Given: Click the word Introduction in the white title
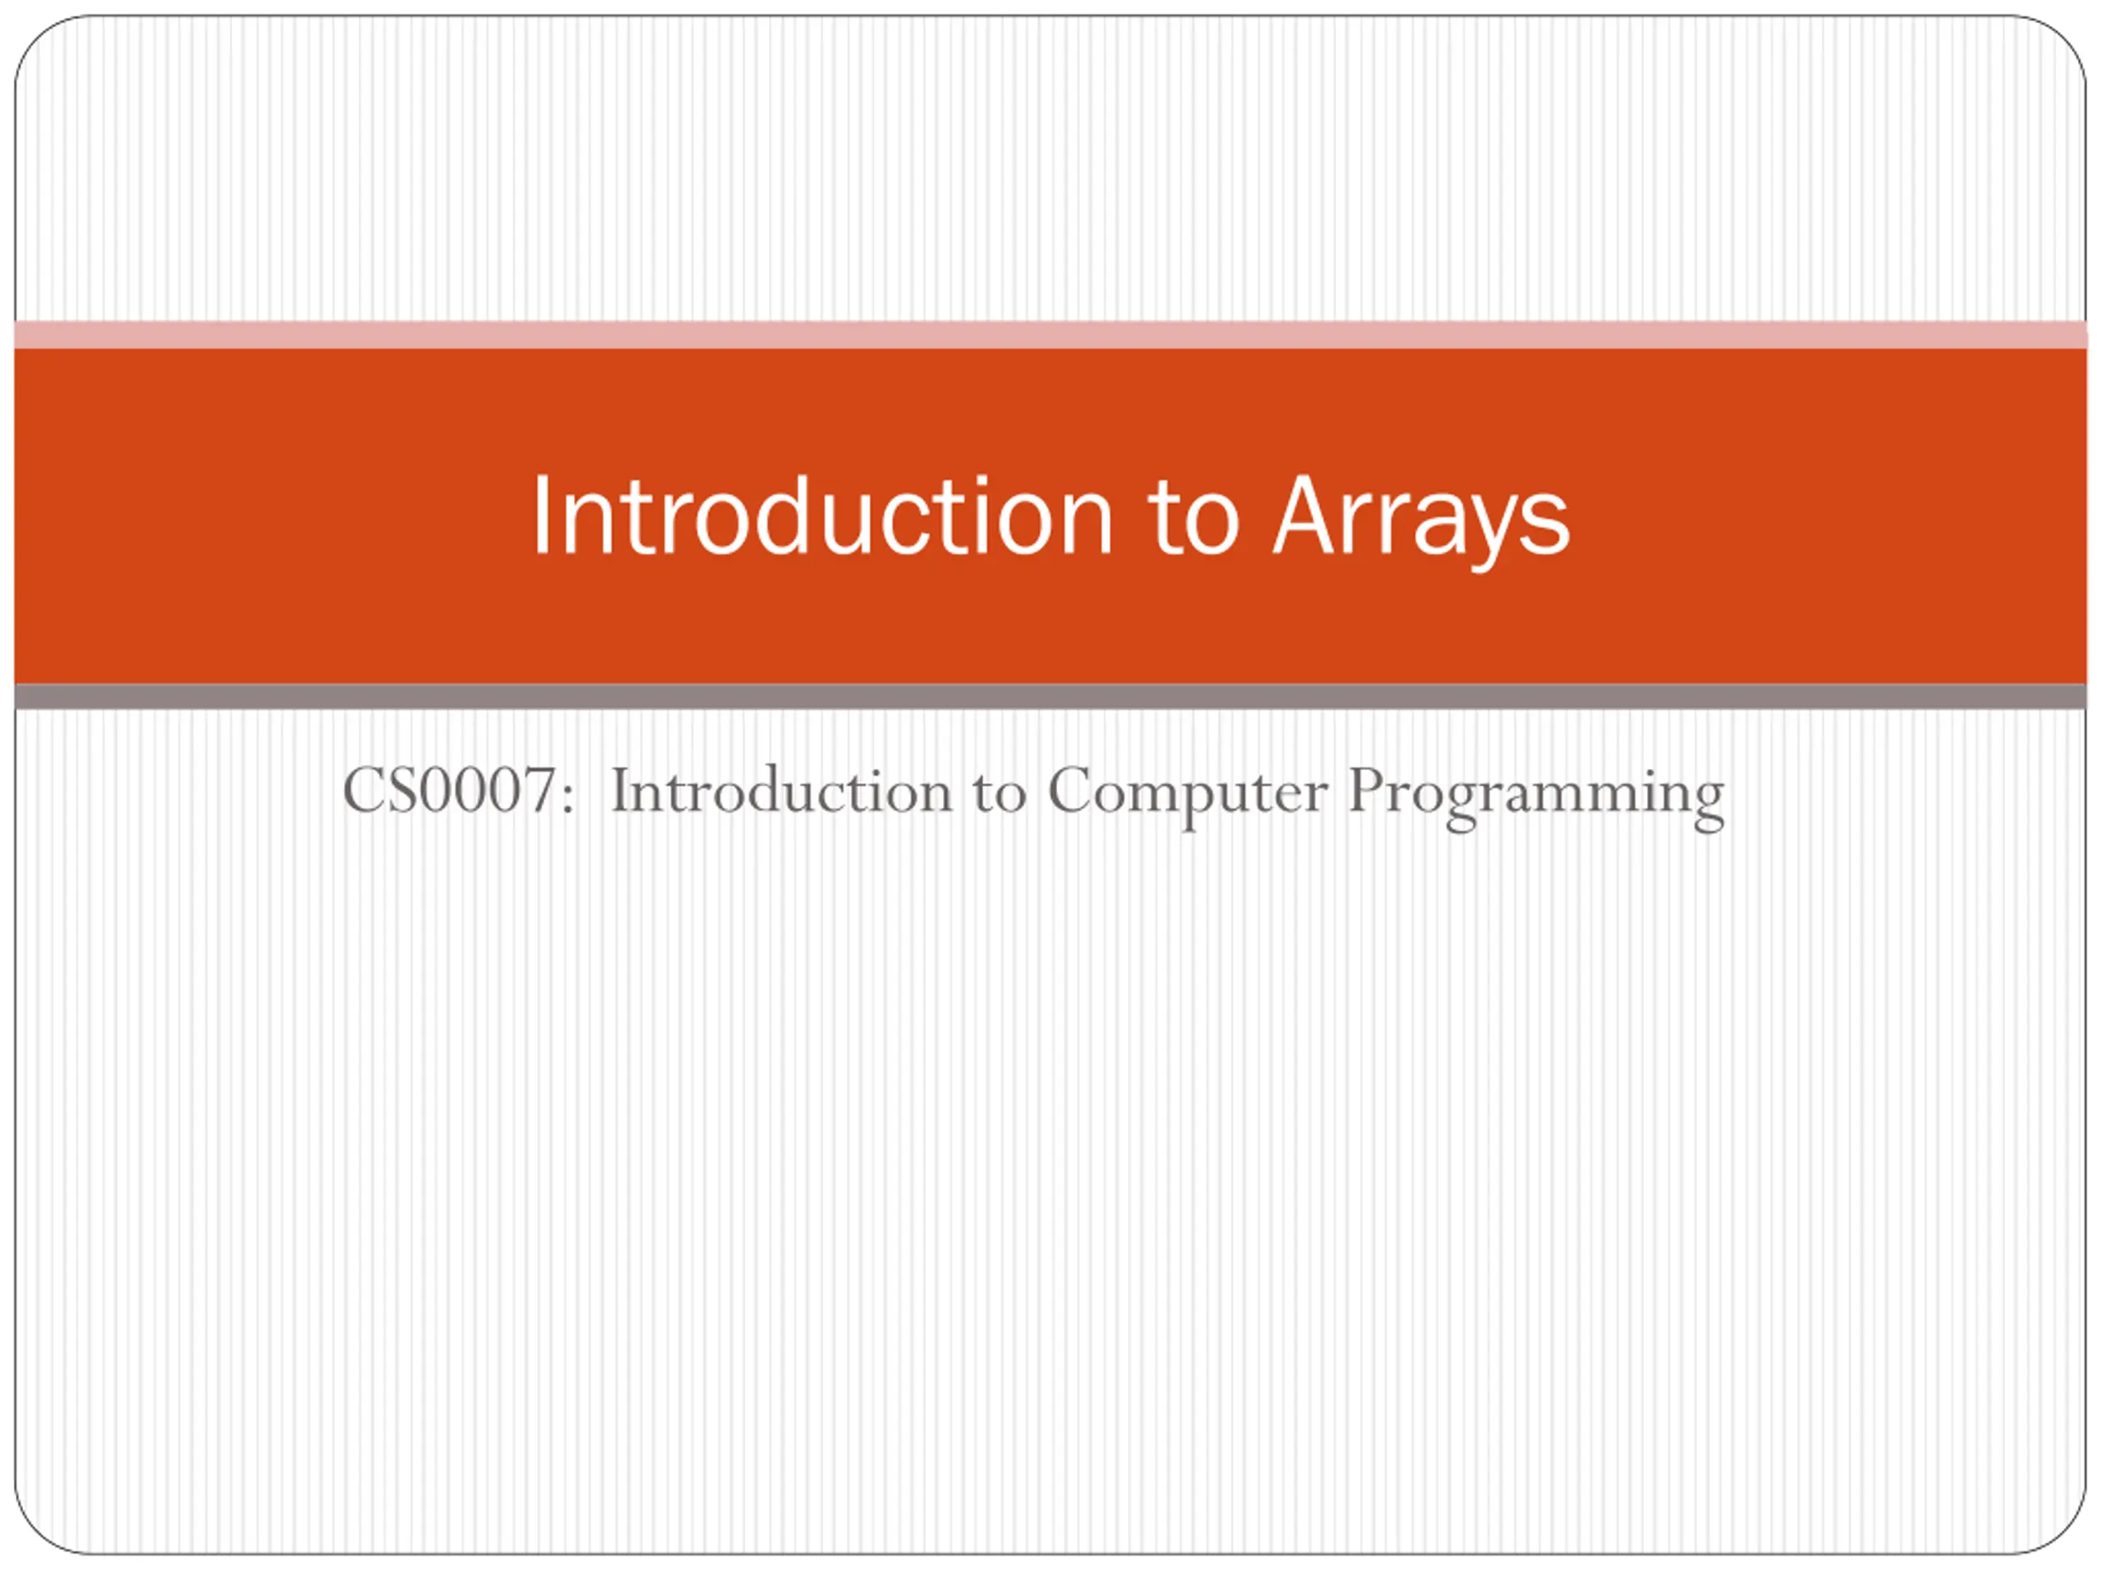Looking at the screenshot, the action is coord(822,515).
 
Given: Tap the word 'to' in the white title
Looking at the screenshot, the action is coord(1194,518).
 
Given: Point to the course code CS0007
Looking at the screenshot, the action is coord(448,790).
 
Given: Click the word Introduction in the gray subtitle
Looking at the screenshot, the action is coord(780,790).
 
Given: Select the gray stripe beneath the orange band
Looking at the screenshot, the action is coord(1050,696).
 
